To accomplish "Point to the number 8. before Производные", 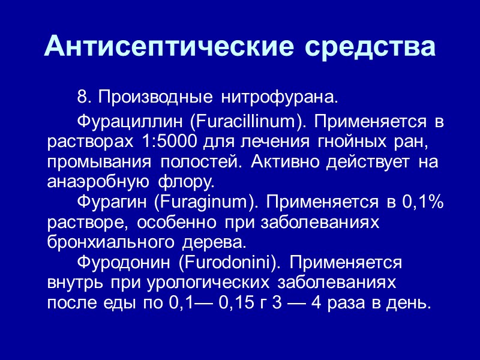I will (x=84, y=96).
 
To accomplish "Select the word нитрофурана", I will (x=280, y=96).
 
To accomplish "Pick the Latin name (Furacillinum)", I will (x=245, y=123).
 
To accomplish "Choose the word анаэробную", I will (x=94, y=181).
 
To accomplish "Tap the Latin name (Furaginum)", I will (x=205, y=203).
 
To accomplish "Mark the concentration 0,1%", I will (x=422, y=203).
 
